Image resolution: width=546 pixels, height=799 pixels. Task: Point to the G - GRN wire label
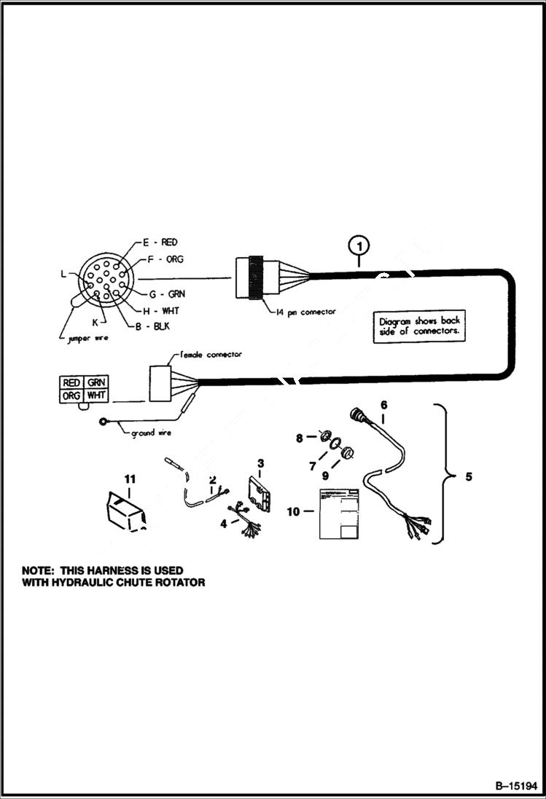tap(167, 294)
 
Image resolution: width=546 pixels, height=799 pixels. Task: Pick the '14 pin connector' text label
tap(308, 312)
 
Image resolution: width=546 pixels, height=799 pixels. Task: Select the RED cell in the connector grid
tap(71, 382)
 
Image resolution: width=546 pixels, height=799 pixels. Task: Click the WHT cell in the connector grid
tap(95, 395)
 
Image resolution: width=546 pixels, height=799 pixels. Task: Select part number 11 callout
tap(130, 479)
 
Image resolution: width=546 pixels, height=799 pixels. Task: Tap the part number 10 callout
tap(293, 512)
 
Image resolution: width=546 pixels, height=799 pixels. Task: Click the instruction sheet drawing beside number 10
tap(340, 513)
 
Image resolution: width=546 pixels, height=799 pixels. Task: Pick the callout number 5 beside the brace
tap(469, 477)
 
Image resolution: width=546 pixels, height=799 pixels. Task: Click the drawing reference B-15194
tap(515, 787)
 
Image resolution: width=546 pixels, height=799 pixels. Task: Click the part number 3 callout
tap(260, 463)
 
